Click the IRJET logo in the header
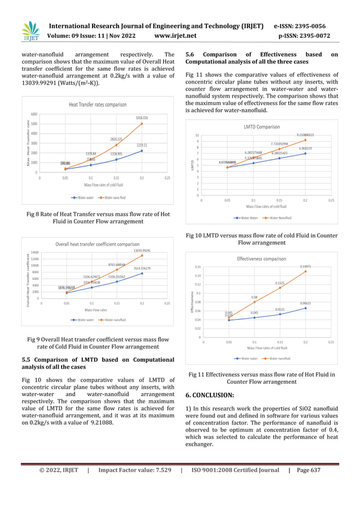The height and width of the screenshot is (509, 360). click(30, 32)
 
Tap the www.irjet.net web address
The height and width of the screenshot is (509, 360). click(175, 36)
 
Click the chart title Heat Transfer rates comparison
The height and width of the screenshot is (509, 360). click(98, 105)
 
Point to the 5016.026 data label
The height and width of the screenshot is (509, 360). click(142, 118)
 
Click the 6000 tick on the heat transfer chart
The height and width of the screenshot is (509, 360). click(34, 114)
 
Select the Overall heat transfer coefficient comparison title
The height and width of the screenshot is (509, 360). click(97, 244)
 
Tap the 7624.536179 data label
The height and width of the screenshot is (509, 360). click(142, 268)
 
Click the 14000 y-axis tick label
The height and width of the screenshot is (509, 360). click(34, 252)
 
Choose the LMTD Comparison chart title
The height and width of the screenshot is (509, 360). click(261, 127)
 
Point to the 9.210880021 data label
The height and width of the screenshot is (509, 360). click(305, 135)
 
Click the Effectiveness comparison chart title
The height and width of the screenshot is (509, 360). click(261, 258)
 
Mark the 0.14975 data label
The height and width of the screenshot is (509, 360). click(305, 266)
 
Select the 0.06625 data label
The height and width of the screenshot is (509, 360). click(305, 303)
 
